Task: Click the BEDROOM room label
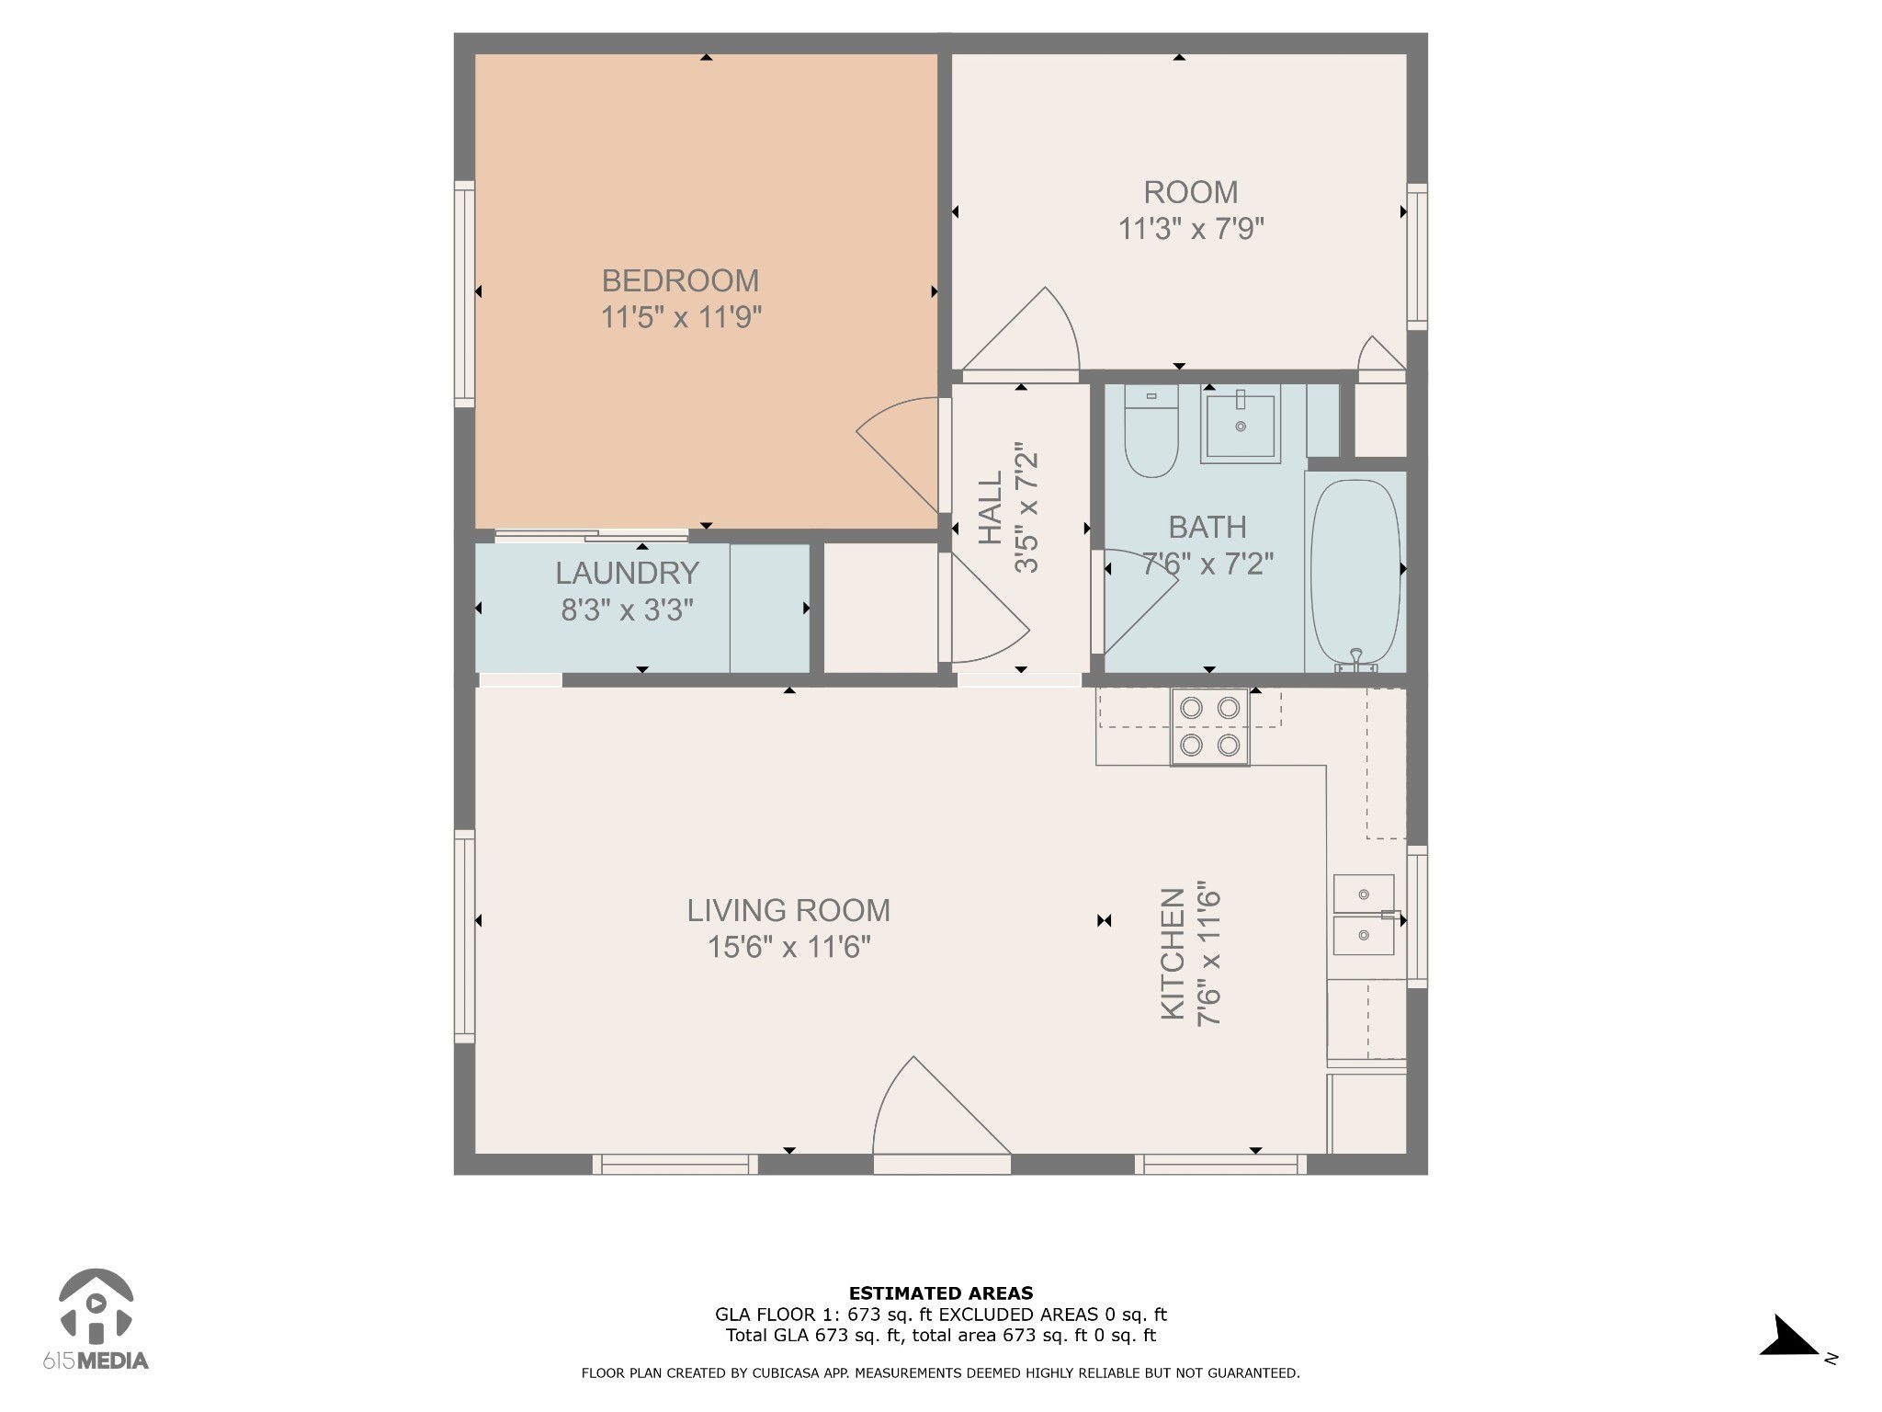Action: click(x=680, y=280)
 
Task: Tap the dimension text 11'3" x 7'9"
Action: click(x=1191, y=228)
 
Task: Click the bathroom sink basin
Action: click(x=1240, y=426)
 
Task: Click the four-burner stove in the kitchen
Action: click(x=1209, y=726)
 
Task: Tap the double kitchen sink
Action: click(x=1364, y=915)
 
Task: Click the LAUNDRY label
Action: click(x=627, y=573)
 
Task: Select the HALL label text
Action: click(x=990, y=508)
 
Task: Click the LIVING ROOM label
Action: click(x=788, y=910)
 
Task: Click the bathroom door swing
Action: click(x=1139, y=598)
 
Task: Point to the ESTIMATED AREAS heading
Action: click(x=941, y=1293)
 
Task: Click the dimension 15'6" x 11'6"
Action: click(x=788, y=947)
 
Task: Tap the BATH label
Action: click(x=1207, y=527)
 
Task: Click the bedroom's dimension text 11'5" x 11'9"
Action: click(x=681, y=317)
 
